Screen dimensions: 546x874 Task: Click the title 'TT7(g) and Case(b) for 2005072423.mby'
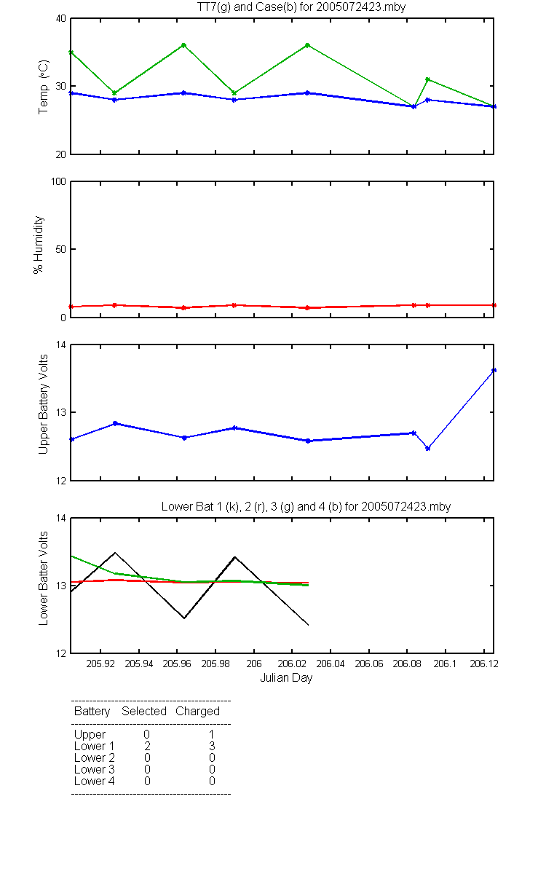tap(301, 7)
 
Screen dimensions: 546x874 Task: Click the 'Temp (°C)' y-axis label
tap(43, 87)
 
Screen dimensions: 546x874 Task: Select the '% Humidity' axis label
tap(38, 245)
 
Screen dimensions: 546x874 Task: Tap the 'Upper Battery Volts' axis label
tap(43, 404)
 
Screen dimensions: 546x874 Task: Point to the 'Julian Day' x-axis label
tap(286, 678)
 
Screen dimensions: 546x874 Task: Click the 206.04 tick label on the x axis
tap(331, 664)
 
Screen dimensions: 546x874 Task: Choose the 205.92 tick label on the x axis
tap(100, 664)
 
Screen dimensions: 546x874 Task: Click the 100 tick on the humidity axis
tap(58, 182)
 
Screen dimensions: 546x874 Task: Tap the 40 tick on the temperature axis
tap(61, 19)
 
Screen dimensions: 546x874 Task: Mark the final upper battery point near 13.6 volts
tap(494, 370)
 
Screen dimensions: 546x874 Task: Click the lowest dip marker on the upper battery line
tap(428, 449)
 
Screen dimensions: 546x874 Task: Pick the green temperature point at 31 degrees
tap(428, 79)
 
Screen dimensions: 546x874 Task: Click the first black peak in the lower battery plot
tap(115, 553)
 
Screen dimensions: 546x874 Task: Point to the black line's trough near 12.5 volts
tap(184, 618)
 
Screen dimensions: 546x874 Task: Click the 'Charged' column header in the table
tap(197, 712)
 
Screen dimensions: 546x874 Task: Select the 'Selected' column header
tap(144, 712)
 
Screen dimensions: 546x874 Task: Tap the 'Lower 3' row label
tap(95, 769)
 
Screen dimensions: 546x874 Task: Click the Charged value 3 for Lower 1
tap(212, 746)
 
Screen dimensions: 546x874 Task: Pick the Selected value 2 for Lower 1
tap(147, 746)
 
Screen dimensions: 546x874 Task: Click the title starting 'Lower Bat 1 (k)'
tap(306, 506)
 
